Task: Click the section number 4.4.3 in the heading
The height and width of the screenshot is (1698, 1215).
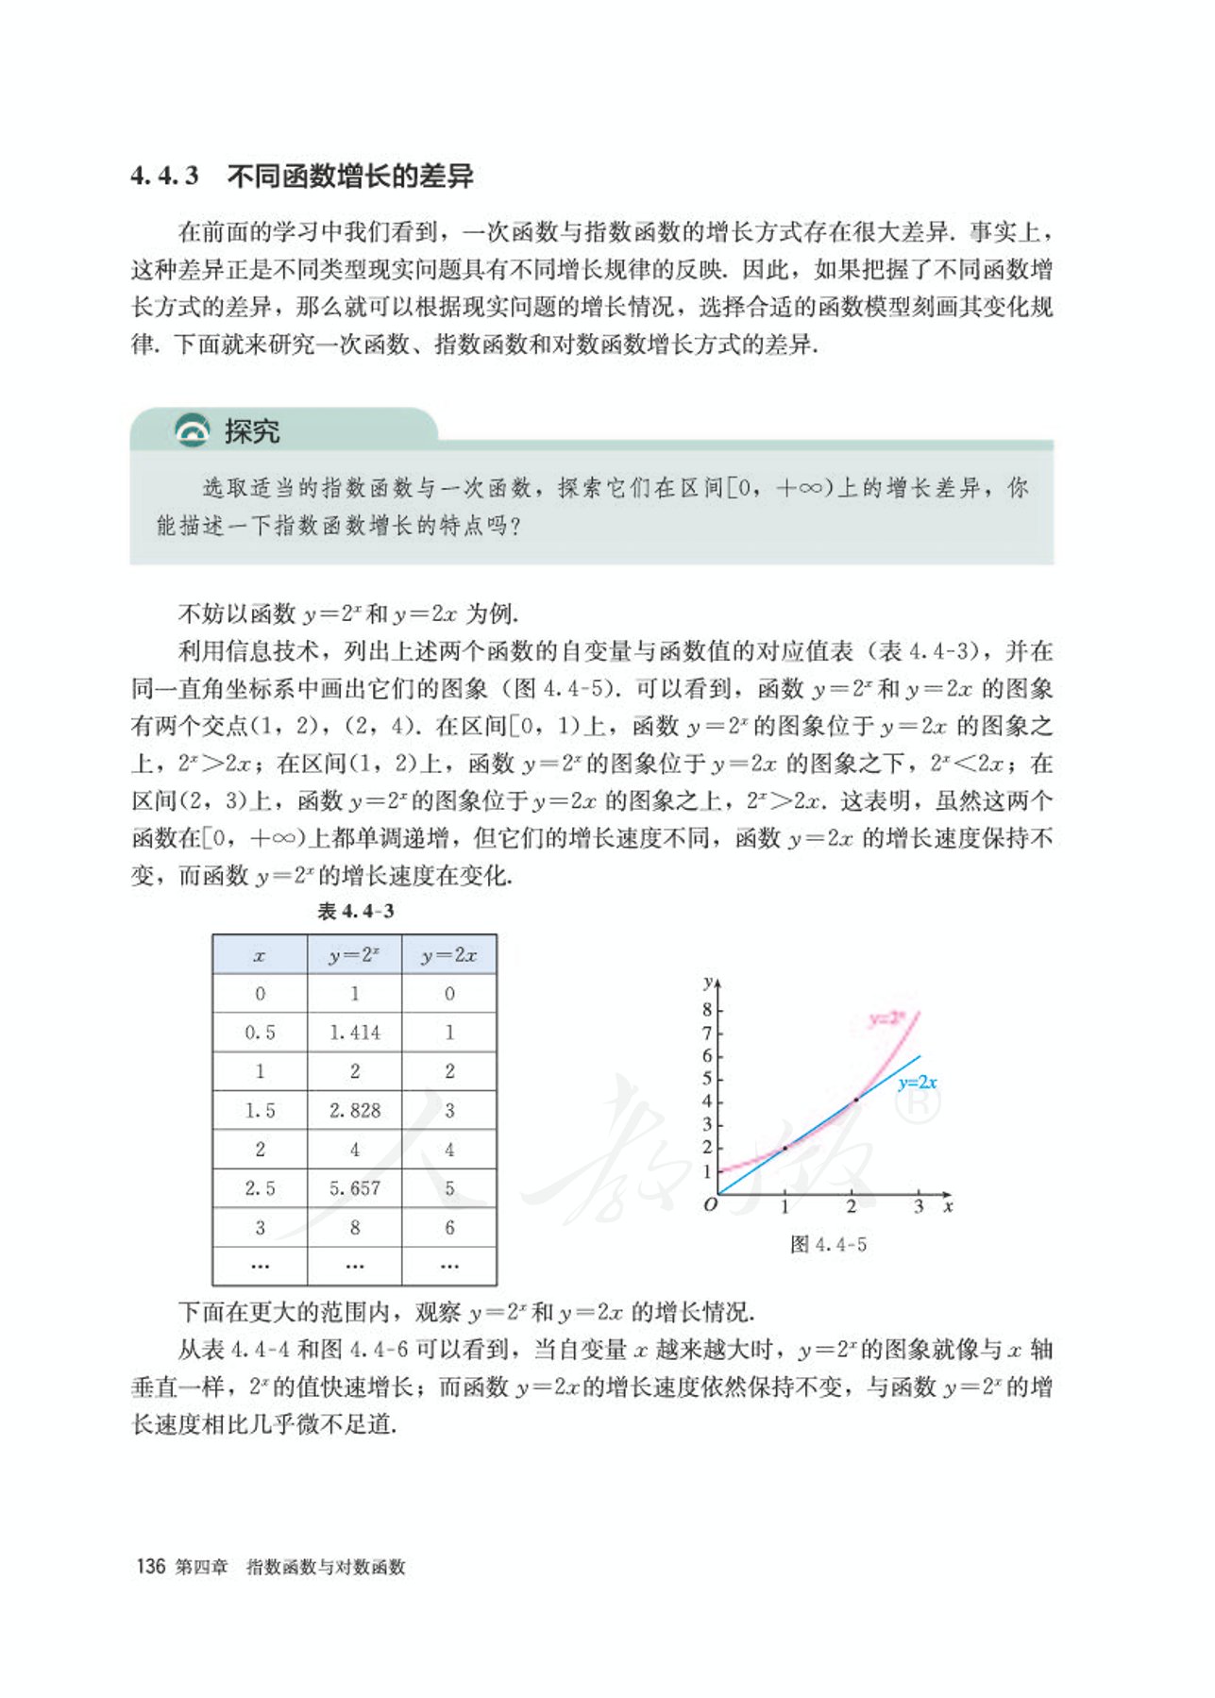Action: [164, 177]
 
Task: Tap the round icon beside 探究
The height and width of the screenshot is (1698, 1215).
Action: [194, 430]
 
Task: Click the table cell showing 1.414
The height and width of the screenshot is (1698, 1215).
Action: [355, 1033]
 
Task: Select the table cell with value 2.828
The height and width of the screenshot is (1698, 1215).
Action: [355, 1110]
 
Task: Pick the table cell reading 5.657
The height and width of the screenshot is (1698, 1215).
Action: [355, 1188]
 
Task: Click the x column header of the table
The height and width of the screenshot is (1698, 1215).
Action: [260, 955]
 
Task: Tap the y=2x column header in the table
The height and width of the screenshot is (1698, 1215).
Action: [449, 955]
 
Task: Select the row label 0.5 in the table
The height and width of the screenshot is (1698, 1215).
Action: [260, 1033]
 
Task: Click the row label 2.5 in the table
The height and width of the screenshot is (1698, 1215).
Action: [260, 1188]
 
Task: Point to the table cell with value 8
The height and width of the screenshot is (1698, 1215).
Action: [355, 1227]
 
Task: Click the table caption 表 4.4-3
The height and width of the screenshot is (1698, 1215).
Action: [356, 911]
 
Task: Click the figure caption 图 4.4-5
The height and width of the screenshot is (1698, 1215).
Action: [828, 1244]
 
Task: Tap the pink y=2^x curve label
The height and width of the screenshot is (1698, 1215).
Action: [886, 1017]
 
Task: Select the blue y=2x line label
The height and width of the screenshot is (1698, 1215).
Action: [918, 1083]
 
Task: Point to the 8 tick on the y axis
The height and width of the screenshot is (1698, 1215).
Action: [707, 1010]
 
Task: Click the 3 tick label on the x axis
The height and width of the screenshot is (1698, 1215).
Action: [919, 1207]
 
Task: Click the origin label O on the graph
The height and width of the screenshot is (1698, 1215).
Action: [710, 1205]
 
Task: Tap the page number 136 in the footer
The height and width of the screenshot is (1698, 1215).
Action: [151, 1566]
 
